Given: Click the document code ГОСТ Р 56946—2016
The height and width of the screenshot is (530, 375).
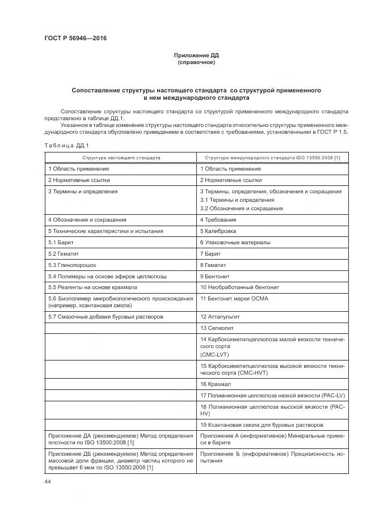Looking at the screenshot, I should tap(75, 39).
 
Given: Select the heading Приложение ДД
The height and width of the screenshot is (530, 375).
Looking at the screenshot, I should tap(196, 56).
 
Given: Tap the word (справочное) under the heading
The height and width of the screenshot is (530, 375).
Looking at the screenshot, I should tap(196, 62).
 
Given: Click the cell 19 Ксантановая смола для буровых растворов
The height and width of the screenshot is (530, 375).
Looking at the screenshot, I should tap(262, 425).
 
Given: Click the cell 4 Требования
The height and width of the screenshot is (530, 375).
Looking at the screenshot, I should tap(218, 219).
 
